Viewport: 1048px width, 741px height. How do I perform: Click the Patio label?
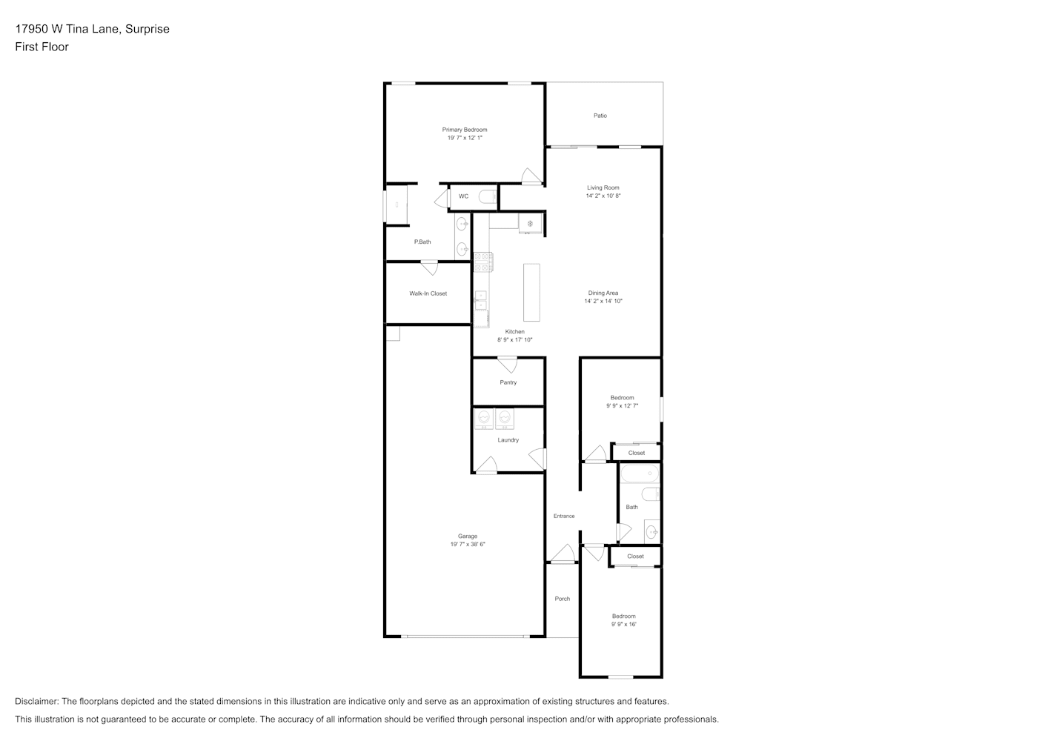tap(600, 116)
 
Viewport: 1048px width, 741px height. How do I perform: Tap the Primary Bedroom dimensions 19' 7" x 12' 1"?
tap(465, 138)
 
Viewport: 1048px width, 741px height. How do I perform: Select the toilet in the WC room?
tap(488, 197)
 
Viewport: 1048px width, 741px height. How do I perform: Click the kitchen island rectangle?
tap(531, 293)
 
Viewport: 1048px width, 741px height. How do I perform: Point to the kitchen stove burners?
tap(482, 262)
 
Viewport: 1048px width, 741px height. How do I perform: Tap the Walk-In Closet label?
tap(428, 293)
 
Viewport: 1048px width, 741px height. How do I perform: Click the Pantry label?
tap(508, 382)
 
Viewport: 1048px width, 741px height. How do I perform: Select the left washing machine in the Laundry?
tap(484, 418)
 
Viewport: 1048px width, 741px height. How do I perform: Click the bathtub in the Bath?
tap(640, 473)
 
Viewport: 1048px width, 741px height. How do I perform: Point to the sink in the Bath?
tap(652, 532)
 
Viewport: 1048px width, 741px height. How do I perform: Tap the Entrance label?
tap(564, 516)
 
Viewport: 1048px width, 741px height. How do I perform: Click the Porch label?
tap(563, 599)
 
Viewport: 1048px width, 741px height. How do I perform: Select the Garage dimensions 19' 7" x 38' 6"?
tap(468, 545)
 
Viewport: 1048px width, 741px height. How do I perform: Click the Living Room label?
tap(603, 187)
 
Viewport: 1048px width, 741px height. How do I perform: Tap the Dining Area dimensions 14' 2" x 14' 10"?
tap(603, 302)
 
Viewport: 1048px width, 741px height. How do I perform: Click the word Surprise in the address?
tap(147, 29)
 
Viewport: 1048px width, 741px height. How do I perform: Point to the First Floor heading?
tap(42, 47)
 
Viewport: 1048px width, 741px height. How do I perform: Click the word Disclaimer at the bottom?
tap(36, 701)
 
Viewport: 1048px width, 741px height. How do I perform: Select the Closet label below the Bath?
tap(635, 556)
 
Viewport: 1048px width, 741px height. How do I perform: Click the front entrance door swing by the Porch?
tap(563, 553)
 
